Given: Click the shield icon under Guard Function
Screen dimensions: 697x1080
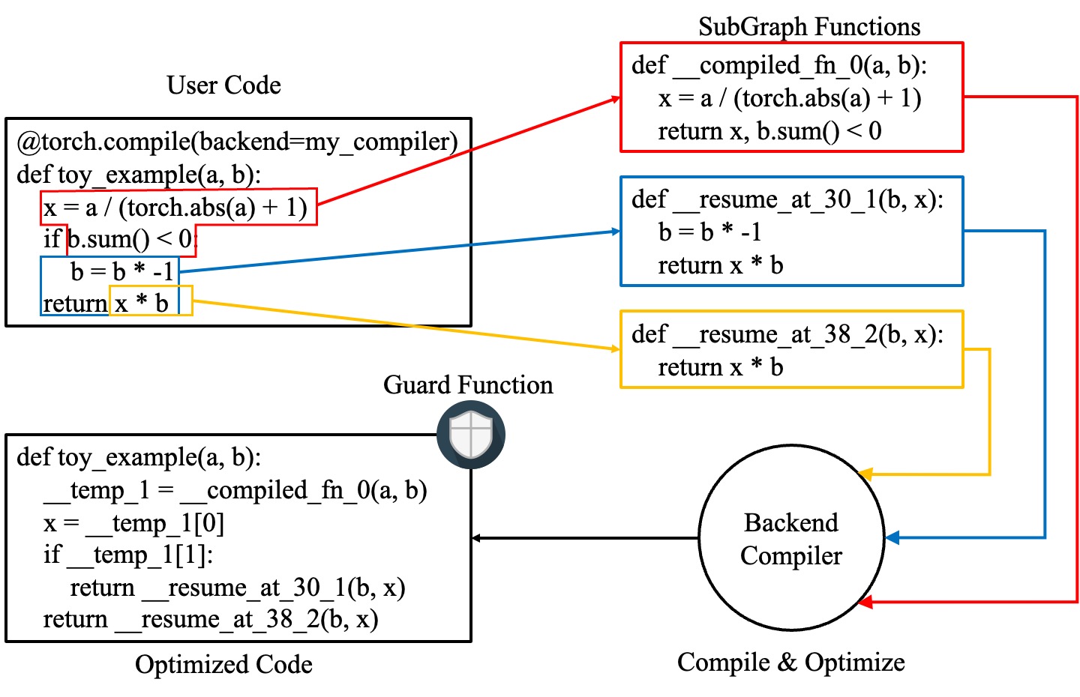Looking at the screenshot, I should coord(471,435).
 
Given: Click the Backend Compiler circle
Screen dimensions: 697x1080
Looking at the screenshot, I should coord(790,538).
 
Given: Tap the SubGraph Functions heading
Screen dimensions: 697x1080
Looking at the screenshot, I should coord(808,27).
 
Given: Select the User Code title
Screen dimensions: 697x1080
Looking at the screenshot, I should coord(223,85).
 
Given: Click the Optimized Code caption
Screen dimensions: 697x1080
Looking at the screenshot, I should coord(223,664).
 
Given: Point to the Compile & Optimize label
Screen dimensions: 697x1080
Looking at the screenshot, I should coord(790,663).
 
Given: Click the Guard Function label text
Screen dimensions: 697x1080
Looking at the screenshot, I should coord(468,385).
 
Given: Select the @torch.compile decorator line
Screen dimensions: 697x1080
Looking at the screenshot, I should coord(237,142).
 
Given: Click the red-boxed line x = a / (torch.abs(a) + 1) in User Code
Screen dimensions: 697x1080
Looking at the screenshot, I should coord(175,207).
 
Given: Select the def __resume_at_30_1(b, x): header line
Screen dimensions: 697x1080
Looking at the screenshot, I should coord(787,199).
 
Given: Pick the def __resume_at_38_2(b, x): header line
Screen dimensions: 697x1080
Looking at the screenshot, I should coord(787,334).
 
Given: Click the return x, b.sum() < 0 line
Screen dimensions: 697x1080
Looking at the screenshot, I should coord(769,131).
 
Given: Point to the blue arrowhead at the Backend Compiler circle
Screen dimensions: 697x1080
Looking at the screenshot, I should coord(892,537).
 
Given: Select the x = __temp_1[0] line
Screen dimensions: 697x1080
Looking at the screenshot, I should coord(133,523).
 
